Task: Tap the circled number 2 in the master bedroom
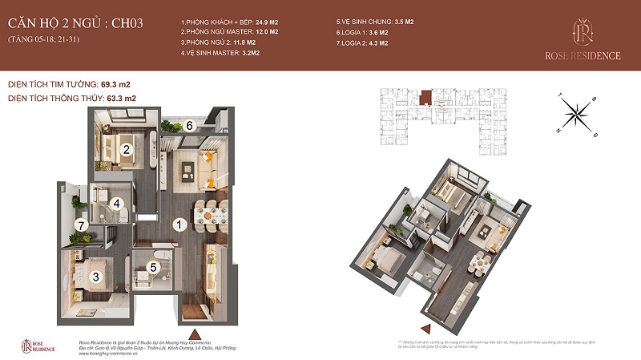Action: click(126, 148)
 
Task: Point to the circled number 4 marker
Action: click(116, 204)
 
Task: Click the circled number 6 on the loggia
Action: click(190, 125)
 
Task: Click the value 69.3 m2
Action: click(114, 83)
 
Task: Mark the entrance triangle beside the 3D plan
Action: click(427, 328)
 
